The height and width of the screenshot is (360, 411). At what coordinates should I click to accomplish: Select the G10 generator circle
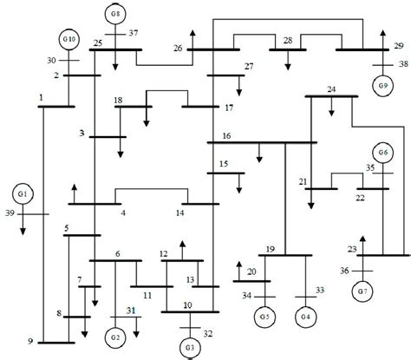pyautogui.click(x=70, y=40)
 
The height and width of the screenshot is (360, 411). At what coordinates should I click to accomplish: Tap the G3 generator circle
pyautogui.click(x=189, y=349)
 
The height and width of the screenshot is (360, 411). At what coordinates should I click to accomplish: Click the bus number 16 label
pyautogui.click(x=225, y=134)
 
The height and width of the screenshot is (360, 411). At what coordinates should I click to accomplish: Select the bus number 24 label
pyautogui.click(x=331, y=88)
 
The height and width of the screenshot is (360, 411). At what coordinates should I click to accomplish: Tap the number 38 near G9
pyautogui.click(x=401, y=65)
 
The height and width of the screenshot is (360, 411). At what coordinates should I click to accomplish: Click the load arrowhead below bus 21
pyautogui.click(x=310, y=207)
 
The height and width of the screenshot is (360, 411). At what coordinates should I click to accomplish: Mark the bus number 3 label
pyautogui.click(x=82, y=134)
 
